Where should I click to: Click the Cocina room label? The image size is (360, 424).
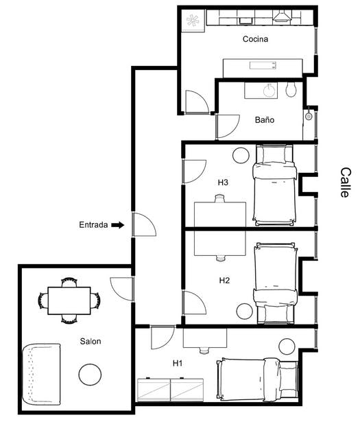click(x=255, y=39)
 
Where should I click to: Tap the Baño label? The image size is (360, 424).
click(x=265, y=119)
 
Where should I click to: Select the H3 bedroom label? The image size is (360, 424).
click(x=223, y=182)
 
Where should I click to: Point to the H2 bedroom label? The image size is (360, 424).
click(x=224, y=280)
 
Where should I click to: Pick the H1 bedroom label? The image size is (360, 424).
click(x=177, y=362)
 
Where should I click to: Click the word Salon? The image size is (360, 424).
click(x=91, y=341)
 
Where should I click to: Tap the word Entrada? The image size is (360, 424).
click(x=93, y=224)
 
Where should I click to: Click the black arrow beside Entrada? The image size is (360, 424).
click(x=118, y=224)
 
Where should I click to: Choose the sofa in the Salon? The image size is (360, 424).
click(x=42, y=374)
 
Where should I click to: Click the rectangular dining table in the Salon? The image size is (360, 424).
click(x=69, y=301)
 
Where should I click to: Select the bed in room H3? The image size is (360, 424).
click(x=275, y=185)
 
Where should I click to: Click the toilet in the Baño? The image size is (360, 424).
click(x=291, y=90)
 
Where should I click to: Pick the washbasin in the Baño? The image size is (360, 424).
click(x=269, y=90)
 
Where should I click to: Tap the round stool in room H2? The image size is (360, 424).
click(x=245, y=311)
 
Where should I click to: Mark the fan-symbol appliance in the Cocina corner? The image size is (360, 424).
click(x=193, y=21)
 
